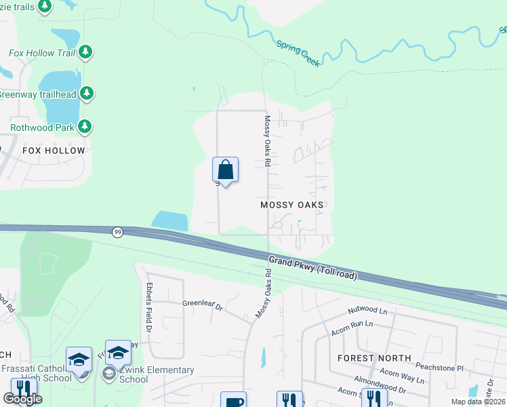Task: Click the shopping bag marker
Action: coord(225,170)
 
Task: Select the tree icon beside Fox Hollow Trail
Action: coord(85,52)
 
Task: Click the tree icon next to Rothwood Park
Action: coord(85,126)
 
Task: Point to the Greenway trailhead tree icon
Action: coord(86,94)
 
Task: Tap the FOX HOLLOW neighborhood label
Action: coord(54,151)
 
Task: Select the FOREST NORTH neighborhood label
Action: coord(375,357)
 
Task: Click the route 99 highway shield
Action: coord(118,232)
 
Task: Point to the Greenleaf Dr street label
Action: coord(202,306)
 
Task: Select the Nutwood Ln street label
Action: coord(367,310)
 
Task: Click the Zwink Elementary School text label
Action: coord(157,374)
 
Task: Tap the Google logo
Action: coord(22,399)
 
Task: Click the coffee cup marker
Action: coord(233,400)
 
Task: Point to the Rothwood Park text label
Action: coord(41,127)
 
